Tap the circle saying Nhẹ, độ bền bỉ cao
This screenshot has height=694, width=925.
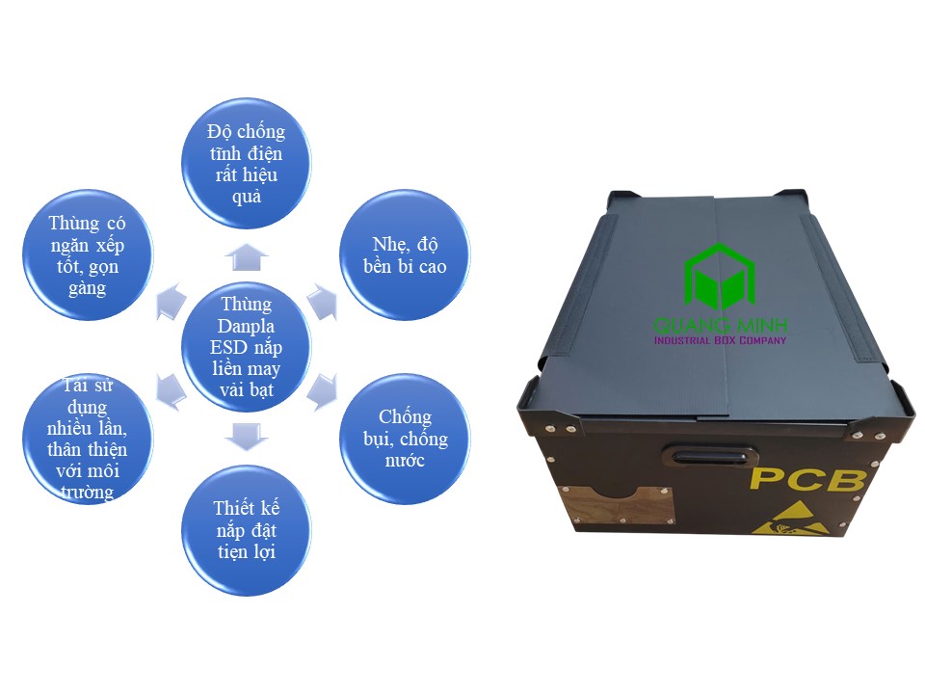[x=405, y=254]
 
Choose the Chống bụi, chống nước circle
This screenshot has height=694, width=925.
[x=405, y=439]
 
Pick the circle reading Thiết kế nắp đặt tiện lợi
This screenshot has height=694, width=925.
[x=246, y=530]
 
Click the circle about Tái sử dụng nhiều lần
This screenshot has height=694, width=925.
[x=88, y=439]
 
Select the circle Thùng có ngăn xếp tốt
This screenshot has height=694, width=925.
[x=88, y=254]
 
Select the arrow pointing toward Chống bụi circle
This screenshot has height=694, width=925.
[x=324, y=390]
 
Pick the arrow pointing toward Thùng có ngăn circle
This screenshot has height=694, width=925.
[x=171, y=302]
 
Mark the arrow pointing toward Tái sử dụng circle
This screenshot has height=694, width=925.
[x=171, y=390]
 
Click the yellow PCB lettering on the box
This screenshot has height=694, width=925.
[x=808, y=479]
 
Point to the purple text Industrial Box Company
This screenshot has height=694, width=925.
[x=720, y=340]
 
